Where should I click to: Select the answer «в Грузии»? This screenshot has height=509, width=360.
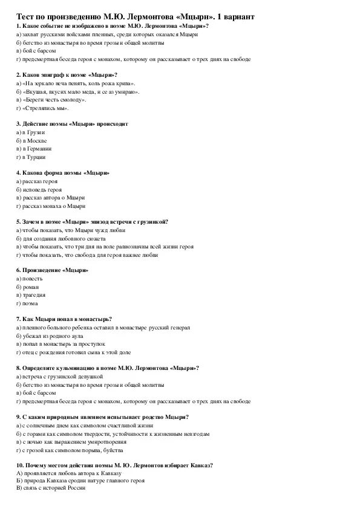(33, 132)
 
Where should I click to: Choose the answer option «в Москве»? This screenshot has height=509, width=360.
(34, 140)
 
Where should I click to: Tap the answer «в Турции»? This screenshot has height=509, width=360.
(34, 157)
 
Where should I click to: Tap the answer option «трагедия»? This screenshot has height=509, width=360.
(33, 295)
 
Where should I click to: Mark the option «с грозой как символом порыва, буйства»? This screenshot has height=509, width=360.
(73, 450)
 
